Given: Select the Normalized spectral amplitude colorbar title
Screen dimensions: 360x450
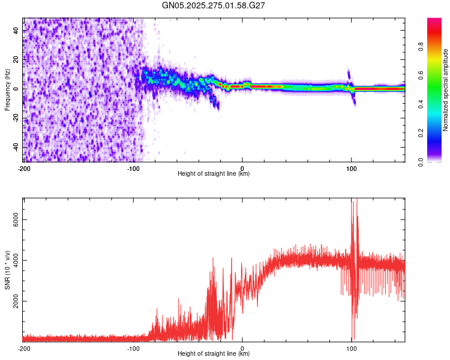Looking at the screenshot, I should (x=446, y=90).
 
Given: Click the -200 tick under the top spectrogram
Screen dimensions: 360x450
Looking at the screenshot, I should (x=24, y=168).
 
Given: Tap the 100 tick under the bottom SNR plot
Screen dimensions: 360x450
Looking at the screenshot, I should (x=352, y=348).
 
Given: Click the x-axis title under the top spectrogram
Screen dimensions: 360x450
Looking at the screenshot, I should (x=214, y=174).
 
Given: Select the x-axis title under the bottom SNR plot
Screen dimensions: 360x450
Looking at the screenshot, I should (x=214, y=354).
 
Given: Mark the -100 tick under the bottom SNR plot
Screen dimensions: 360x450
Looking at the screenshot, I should (x=133, y=348).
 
